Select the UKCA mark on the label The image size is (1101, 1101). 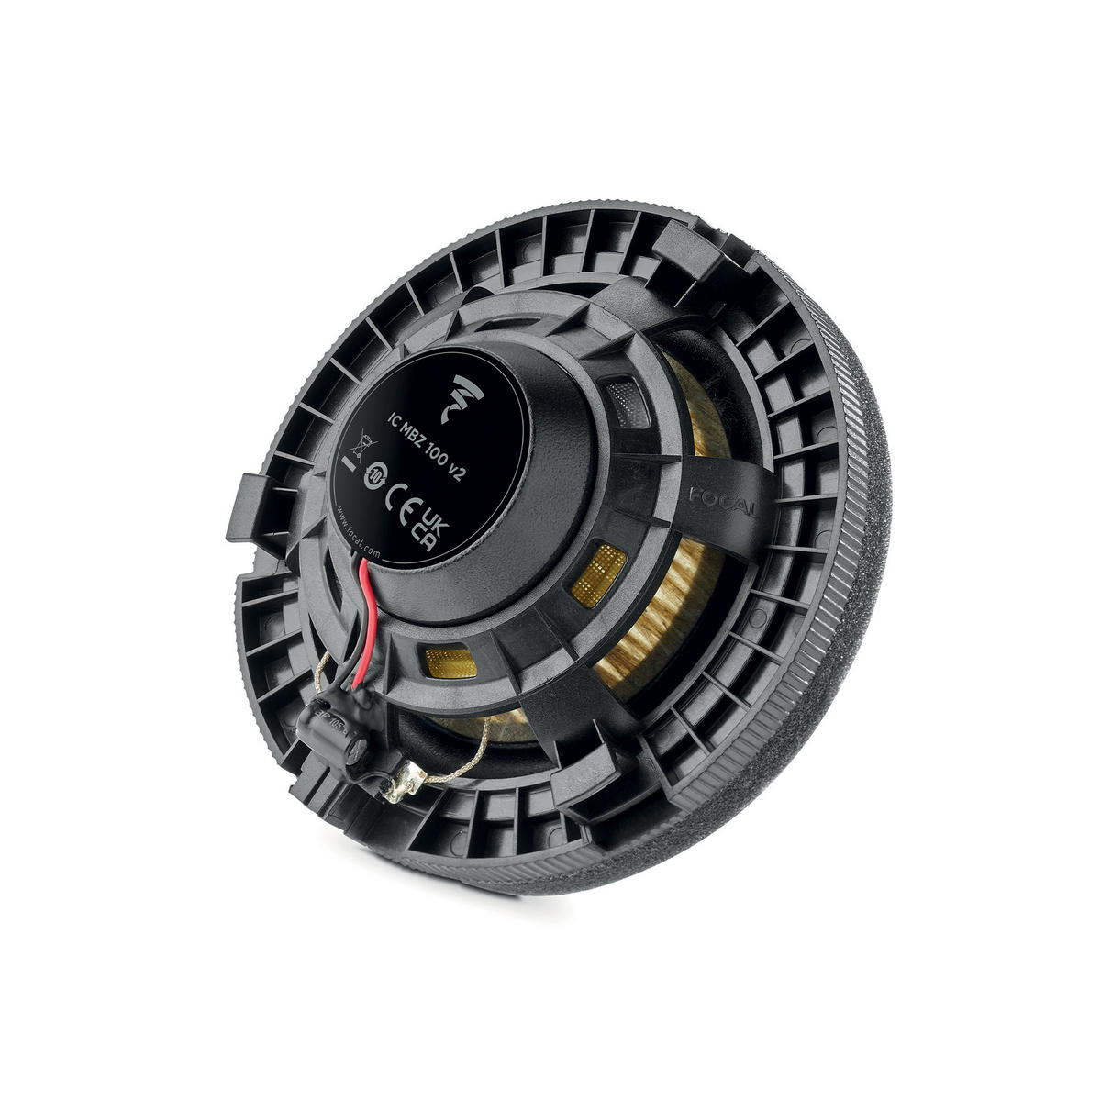(429, 530)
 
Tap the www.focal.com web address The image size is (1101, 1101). (355, 527)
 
